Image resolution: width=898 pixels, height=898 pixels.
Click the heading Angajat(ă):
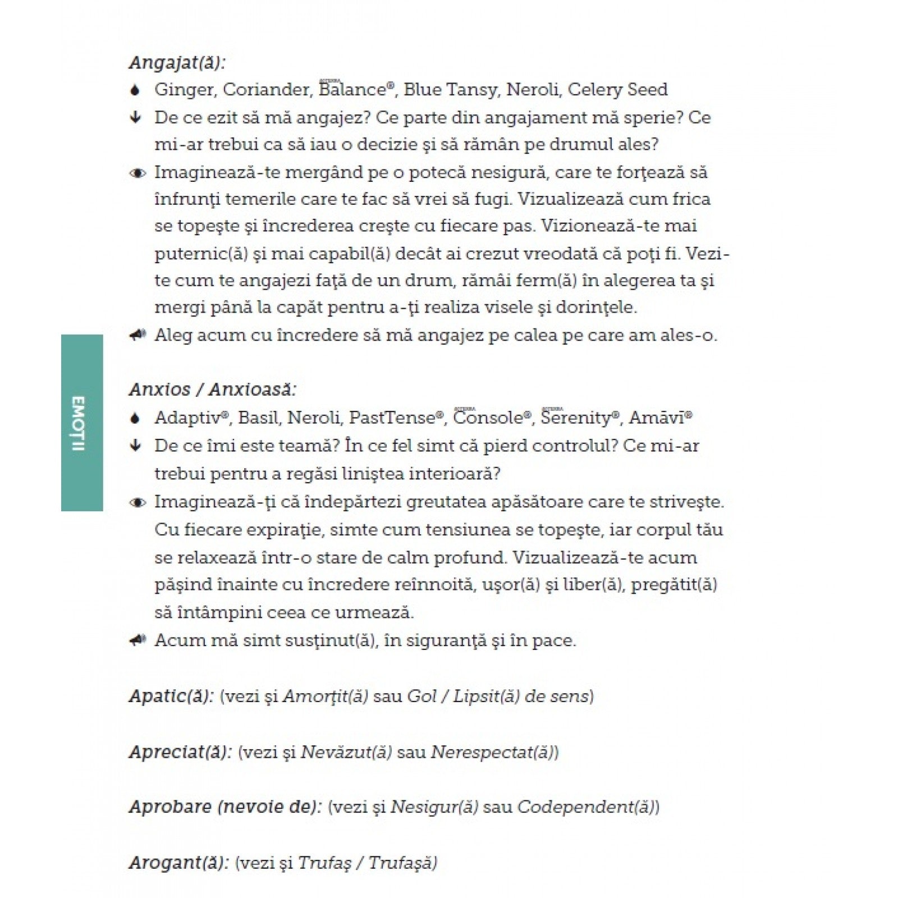(x=177, y=62)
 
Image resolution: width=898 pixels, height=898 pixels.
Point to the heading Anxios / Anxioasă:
(x=213, y=390)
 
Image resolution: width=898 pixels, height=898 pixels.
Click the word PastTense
(x=392, y=418)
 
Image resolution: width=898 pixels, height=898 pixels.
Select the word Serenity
(x=576, y=418)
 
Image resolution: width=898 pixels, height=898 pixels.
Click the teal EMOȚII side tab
(x=81, y=423)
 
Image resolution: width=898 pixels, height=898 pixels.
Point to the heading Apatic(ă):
(x=171, y=697)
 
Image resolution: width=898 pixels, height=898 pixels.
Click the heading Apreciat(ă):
(x=180, y=752)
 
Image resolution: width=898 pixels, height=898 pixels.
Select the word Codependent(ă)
(x=587, y=807)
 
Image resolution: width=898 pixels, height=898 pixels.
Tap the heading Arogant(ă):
(x=179, y=863)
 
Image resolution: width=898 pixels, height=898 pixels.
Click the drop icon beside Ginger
(x=135, y=90)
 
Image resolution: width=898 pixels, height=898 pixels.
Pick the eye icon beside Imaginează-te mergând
(x=137, y=173)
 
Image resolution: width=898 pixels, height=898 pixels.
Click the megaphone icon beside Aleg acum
(x=137, y=336)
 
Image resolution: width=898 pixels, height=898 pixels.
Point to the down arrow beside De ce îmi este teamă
(x=135, y=446)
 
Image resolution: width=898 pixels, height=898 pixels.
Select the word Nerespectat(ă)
(x=493, y=752)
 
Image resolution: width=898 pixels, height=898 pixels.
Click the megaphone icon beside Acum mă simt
(x=137, y=640)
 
